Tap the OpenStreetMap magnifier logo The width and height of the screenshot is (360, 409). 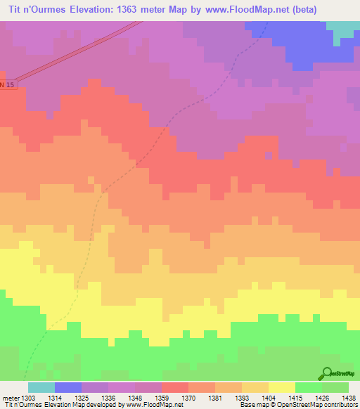(327, 373)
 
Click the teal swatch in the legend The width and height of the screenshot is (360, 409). (41, 387)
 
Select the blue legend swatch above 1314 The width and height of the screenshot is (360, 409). (68, 387)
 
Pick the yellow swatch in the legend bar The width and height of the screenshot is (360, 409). (281, 387)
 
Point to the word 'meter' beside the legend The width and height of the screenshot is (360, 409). (11, 397)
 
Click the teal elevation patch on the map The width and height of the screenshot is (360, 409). (344, 29)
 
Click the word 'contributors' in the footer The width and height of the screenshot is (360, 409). (340, 405)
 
